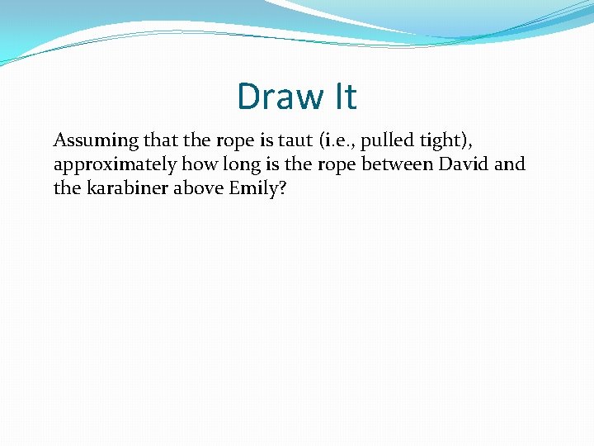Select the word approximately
pyautogui.click(x=115, y=164)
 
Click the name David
pyautogui.click(x=464, y=164)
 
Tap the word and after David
pyautogui.click(x=510, y=164)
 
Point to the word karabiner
pyautogui.click(x=125, y=187)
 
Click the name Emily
pyautogui.click(x=253, y=188)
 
